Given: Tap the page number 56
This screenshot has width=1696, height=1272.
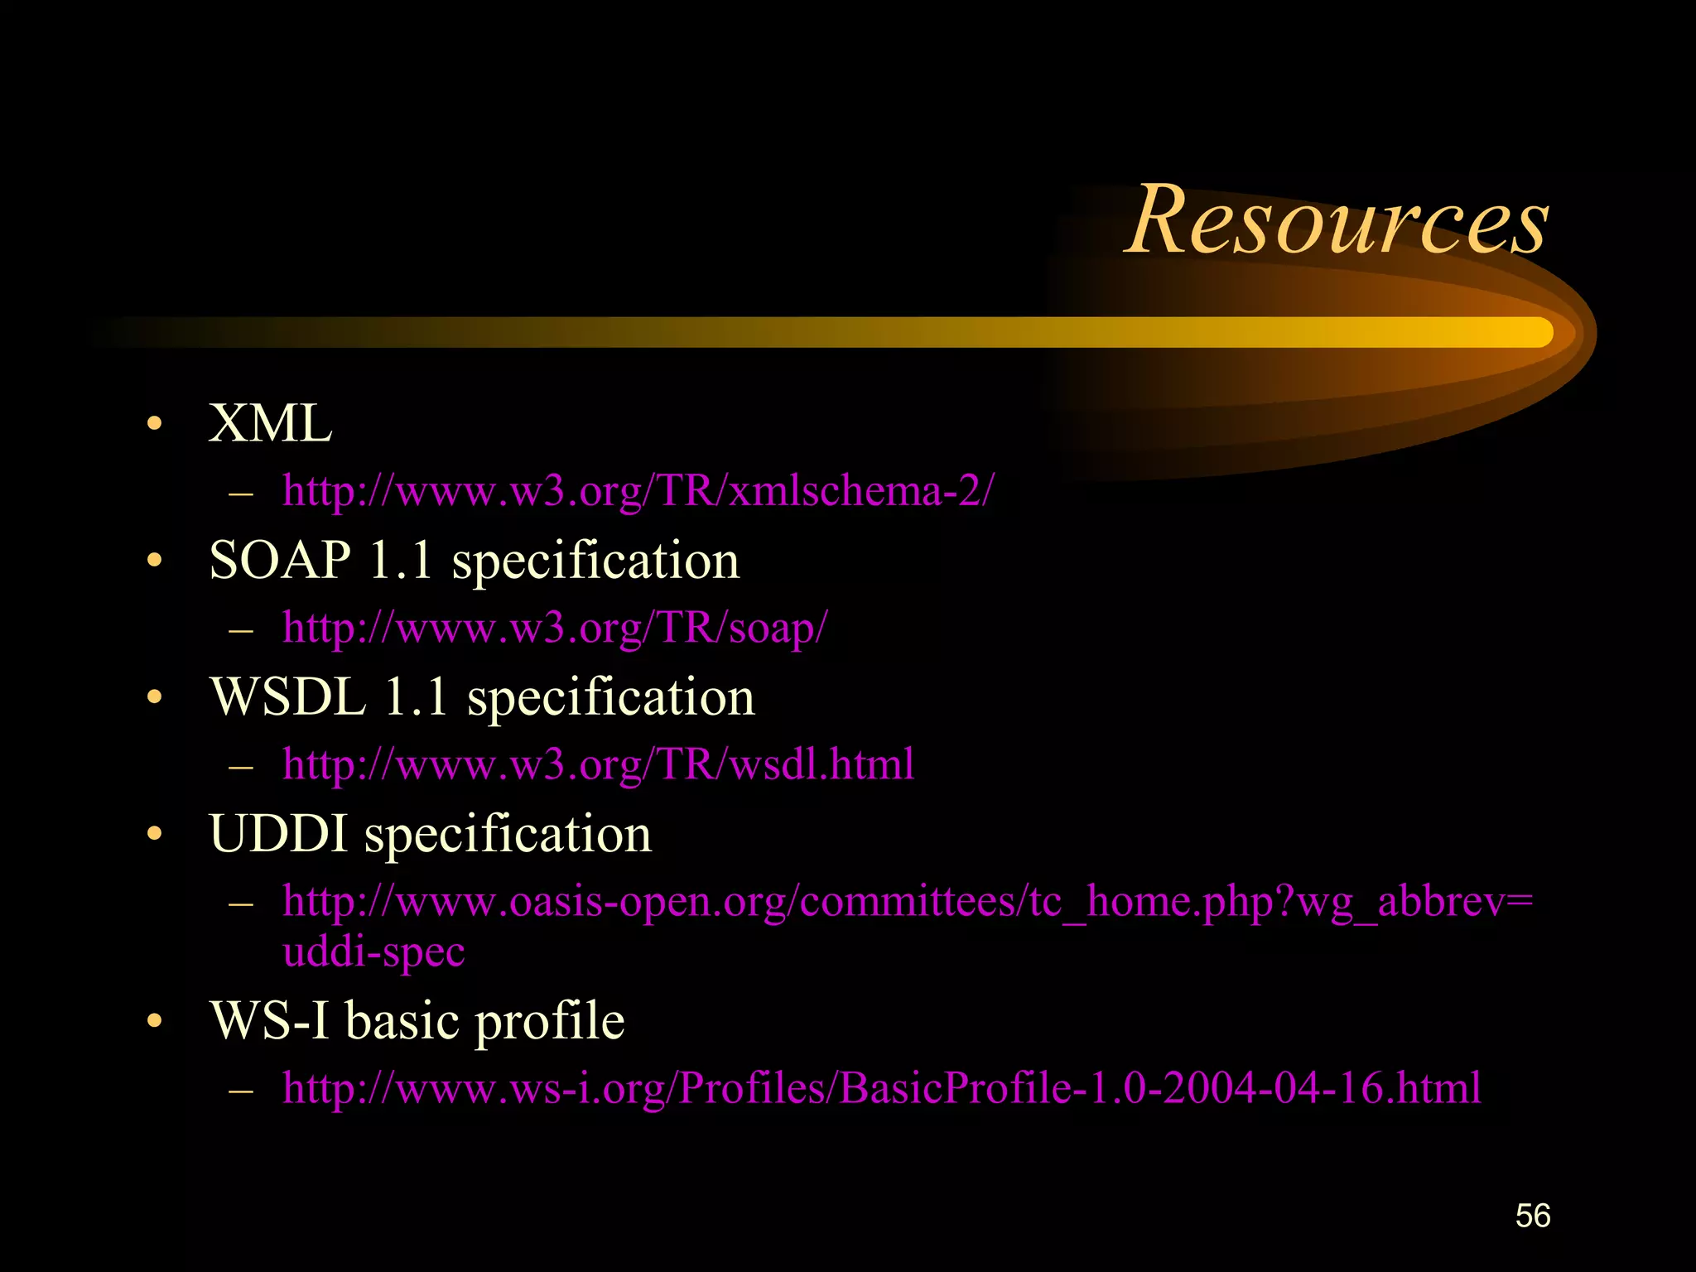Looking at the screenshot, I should click(1532, 1216).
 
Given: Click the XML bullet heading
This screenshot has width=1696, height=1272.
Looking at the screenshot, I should click(270, 423).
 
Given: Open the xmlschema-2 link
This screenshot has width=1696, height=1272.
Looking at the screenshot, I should click(638, 490).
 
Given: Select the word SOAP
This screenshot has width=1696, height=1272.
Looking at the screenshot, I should click(280, 560).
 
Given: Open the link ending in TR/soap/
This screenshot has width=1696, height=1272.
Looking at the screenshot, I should click(554, 627).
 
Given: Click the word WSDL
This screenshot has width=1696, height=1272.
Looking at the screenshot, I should click(287, 696).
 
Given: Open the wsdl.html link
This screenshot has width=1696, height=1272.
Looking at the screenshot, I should click(598, 764).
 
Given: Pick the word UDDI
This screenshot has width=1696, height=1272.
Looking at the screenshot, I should click(277, 833).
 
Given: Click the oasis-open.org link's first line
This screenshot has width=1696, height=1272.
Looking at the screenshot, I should click(908, 901).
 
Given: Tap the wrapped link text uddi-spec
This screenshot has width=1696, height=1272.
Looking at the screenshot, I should click(373, 951).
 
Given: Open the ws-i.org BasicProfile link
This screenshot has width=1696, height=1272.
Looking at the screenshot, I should click(881, 1087).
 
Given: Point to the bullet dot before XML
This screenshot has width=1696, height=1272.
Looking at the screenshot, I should click(154, 425).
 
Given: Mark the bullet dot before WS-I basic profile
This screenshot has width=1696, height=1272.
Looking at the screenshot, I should click(154, 1021).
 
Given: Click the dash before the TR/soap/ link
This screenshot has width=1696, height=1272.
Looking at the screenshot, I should click(240, 629).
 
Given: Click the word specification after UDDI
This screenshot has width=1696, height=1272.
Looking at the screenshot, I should click(508, 835).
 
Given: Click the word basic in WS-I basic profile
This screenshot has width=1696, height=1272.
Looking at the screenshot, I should click(401, 1020).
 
